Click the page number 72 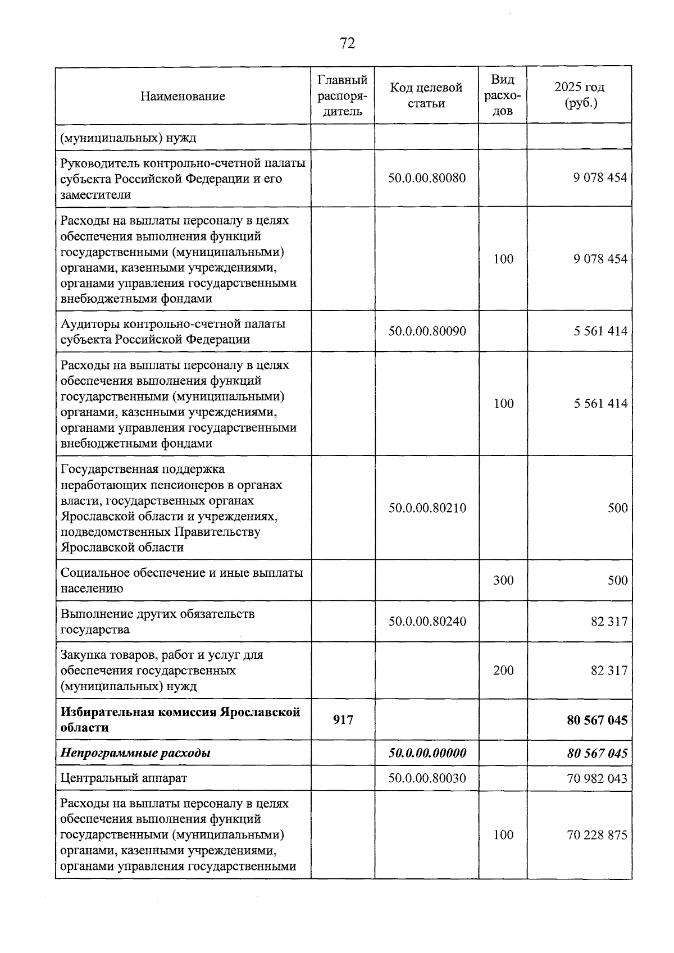point(348,43)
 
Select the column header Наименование point(183,96)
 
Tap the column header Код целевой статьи point(426,95)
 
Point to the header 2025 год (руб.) point(579,95)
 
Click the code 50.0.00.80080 point(427,179)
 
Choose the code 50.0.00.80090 point(427,331)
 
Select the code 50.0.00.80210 point(427,508)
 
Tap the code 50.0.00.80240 point(427,622)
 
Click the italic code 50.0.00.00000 point(427,753)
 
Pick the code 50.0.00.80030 point(427,779)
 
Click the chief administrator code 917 point(343,720)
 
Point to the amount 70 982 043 point(597,779)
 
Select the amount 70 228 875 point(597,835)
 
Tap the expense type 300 point(503,581)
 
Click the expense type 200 point(503,671)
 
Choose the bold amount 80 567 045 point(597,720)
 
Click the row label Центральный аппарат point(124,779)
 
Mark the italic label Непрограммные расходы point(135,753)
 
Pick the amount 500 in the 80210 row point(617,508)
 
